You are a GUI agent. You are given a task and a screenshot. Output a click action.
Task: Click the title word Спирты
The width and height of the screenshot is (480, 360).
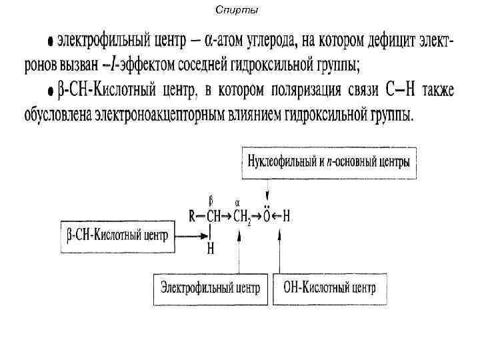238,10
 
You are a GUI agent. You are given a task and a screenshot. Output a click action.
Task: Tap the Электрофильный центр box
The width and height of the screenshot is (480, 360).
209,289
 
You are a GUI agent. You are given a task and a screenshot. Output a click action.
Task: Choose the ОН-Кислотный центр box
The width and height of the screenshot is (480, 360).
329,289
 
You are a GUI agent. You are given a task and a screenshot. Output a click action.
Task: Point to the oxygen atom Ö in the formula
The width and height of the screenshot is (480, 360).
267,216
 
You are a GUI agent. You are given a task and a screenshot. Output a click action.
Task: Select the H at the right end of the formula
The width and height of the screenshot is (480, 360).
287,217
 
